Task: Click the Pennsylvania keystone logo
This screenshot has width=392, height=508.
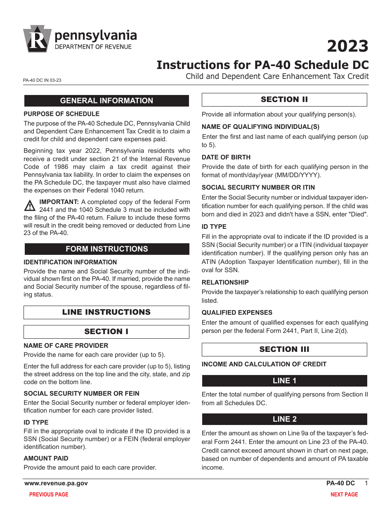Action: point(37,39)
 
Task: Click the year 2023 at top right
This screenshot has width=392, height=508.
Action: point(347,46)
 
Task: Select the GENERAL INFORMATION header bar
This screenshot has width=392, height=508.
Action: point(106,101)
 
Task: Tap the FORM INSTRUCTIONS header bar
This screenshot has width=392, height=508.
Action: point(106,249)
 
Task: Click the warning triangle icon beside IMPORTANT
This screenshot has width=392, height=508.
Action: point(30,205)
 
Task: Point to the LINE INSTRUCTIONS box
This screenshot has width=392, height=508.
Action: point(106,312)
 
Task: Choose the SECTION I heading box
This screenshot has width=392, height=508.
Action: point(106,332)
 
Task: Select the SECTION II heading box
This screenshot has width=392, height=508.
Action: point(284,100)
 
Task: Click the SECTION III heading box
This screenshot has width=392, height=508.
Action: point(284,349)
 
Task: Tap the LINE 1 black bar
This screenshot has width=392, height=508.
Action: point(284,381)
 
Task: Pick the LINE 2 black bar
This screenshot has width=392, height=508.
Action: point(284,419)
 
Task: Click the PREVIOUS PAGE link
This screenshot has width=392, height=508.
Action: point(49,494)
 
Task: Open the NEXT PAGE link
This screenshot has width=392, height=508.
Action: point(344,494)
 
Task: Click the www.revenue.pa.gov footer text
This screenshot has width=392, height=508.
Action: point(56,483)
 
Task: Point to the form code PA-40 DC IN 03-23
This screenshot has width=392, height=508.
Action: point(43,81)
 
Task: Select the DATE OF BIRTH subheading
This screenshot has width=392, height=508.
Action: point(226,157)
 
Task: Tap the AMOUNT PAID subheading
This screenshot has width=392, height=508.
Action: point(46,458)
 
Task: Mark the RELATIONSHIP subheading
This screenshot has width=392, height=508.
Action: point(225,282)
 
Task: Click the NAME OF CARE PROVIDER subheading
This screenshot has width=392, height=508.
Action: point(66,346)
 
